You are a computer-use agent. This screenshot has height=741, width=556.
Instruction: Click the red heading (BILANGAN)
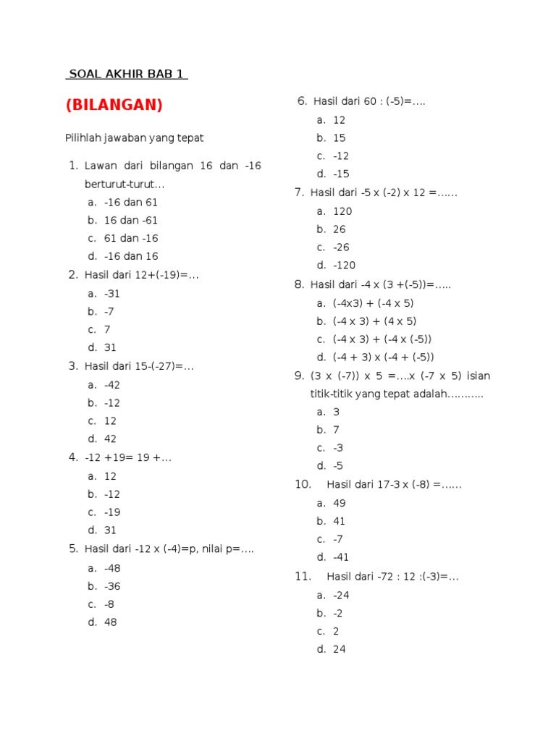[114, 105]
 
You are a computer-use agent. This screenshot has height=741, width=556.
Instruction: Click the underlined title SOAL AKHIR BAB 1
[127, 74]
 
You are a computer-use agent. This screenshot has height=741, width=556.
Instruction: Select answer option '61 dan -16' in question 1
[131, 238]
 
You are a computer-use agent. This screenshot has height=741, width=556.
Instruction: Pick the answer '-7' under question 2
[109, 311]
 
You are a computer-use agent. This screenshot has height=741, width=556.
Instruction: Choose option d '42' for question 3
[110, 439]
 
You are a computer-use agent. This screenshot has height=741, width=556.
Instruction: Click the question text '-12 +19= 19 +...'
[127, 457]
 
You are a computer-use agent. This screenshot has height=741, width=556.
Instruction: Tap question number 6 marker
[303, 101]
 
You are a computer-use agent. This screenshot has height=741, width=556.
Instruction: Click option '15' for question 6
[340, 137]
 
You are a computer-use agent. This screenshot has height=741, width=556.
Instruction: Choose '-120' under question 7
[344, 266]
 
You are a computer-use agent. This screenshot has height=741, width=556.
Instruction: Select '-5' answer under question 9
[338, 466]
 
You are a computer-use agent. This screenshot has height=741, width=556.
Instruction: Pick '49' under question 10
[340, 503]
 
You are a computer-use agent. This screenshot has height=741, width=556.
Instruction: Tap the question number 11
[303, 577]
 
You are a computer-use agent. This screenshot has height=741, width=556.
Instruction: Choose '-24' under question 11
[341, 595]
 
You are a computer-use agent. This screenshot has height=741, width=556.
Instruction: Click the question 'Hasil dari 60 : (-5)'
[369, 101]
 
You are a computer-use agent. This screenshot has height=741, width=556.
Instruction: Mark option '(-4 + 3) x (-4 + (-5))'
[383, 357]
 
